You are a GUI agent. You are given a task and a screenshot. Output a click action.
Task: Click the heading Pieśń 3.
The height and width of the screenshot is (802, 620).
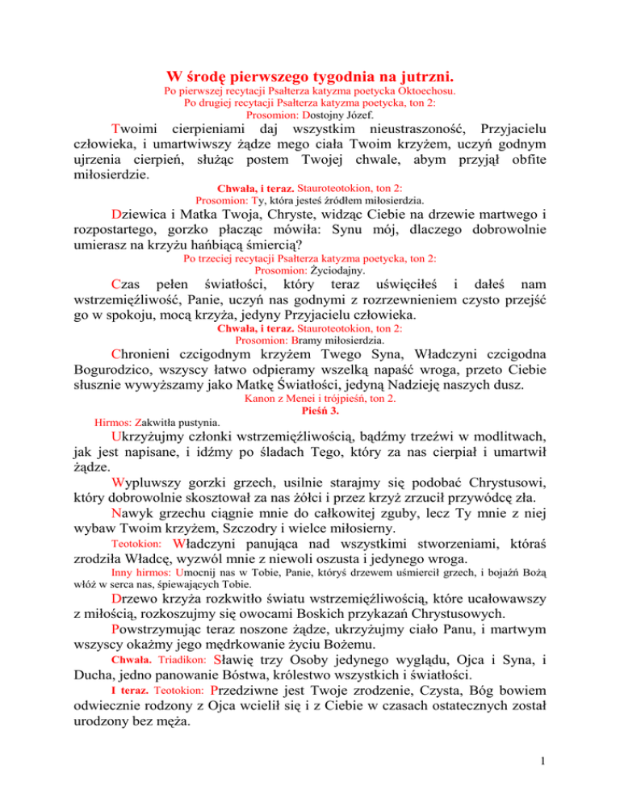(x=310, y=433)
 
